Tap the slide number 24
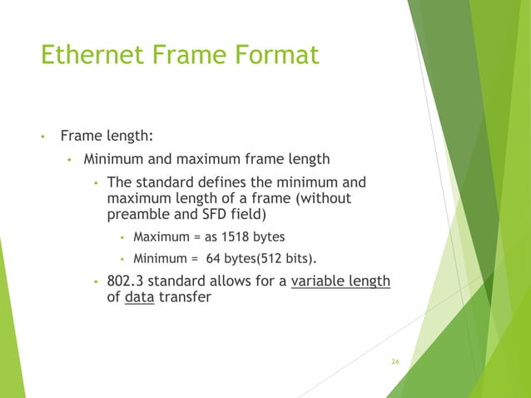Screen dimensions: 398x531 [395, 361]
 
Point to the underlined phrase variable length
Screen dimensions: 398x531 [340, 281]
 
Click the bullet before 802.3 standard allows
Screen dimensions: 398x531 [96, 281]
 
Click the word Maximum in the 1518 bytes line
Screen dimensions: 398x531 [160, 237]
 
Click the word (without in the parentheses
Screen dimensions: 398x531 [323, 198]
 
